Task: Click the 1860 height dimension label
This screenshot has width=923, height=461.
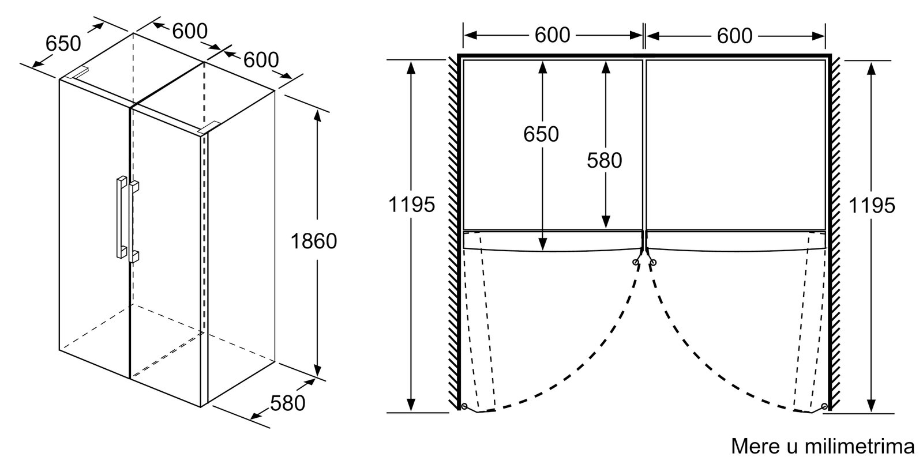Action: coord(313,241)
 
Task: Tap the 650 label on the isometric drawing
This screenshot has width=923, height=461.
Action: coord(63,43)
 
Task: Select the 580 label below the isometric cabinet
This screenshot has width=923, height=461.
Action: coord(287,403)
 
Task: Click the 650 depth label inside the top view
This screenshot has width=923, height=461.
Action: coord(541,134)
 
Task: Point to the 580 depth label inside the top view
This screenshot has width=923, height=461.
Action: coord(605,160)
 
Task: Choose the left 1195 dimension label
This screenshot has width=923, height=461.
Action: coord(411,205)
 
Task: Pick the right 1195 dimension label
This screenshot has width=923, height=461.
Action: coord(872,205)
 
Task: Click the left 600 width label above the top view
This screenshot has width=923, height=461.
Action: coord(552,36)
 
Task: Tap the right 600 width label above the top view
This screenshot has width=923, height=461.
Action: coord(735,36)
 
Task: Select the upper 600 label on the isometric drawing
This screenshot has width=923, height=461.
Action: coord(190,31)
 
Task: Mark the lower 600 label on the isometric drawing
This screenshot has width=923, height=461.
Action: coord(261,59)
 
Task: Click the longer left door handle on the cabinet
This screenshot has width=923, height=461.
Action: coord(121,216)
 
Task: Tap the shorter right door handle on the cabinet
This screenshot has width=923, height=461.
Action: coord(135,221)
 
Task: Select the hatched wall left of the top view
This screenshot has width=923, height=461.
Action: coord(453,231)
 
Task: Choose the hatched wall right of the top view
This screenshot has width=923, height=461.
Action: coord(835,231)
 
